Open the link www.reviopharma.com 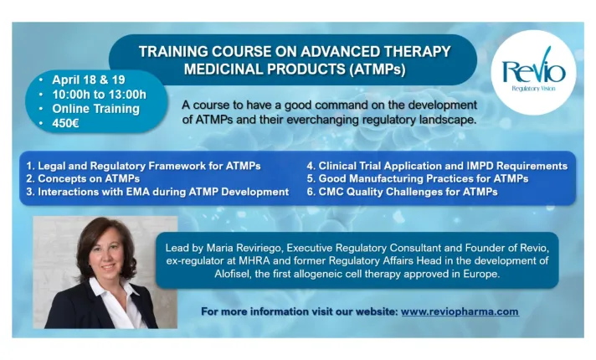click(x=460, y=311)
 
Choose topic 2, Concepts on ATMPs click(x=84, y=179)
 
